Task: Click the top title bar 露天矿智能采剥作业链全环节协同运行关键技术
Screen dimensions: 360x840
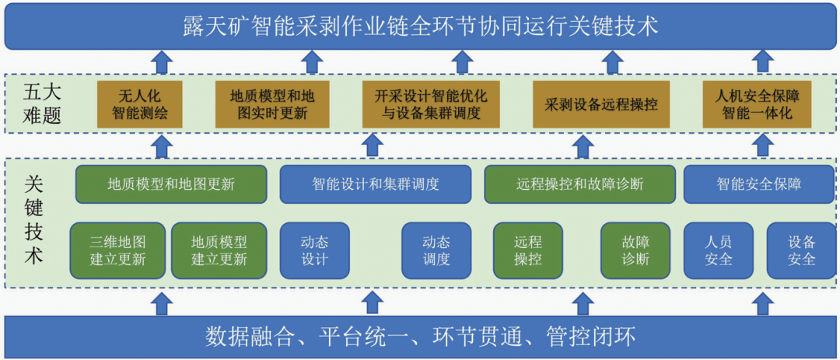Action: click(420, 26)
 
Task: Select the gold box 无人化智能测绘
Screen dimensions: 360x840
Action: click(140, 104)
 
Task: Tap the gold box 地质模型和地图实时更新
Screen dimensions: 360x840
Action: click(272, 104)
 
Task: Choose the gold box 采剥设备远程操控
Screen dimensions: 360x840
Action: click(601, 104)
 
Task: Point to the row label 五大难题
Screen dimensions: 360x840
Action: click(42, 105)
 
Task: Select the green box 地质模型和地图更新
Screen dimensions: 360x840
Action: click(171, 184)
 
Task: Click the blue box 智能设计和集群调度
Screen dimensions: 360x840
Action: click(376, 184)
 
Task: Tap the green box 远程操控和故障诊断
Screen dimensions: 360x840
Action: click(579, 184)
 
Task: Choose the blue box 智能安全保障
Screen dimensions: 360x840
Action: click(759, 184)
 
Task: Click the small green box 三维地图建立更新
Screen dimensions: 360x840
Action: click(117, 250)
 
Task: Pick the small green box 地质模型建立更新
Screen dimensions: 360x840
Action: click(219, 250)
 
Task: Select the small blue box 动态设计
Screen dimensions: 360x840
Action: click(314, 250)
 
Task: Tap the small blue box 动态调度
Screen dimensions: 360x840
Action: click(436, 250)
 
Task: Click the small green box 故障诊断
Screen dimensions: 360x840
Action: click(635, 250)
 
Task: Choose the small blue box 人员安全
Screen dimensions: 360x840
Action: click(718, 250)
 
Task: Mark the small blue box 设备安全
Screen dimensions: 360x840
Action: click(801, 250)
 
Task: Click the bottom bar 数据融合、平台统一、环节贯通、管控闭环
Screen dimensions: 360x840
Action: click(420, 337)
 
